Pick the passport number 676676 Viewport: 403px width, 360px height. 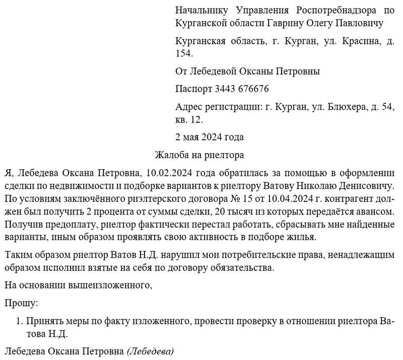pyautogui.click(x=252, y=89)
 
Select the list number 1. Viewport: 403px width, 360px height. pyautogui.click(x=20, y=321)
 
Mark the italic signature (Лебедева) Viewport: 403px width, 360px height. pyautogui.click(x=150, y=351)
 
